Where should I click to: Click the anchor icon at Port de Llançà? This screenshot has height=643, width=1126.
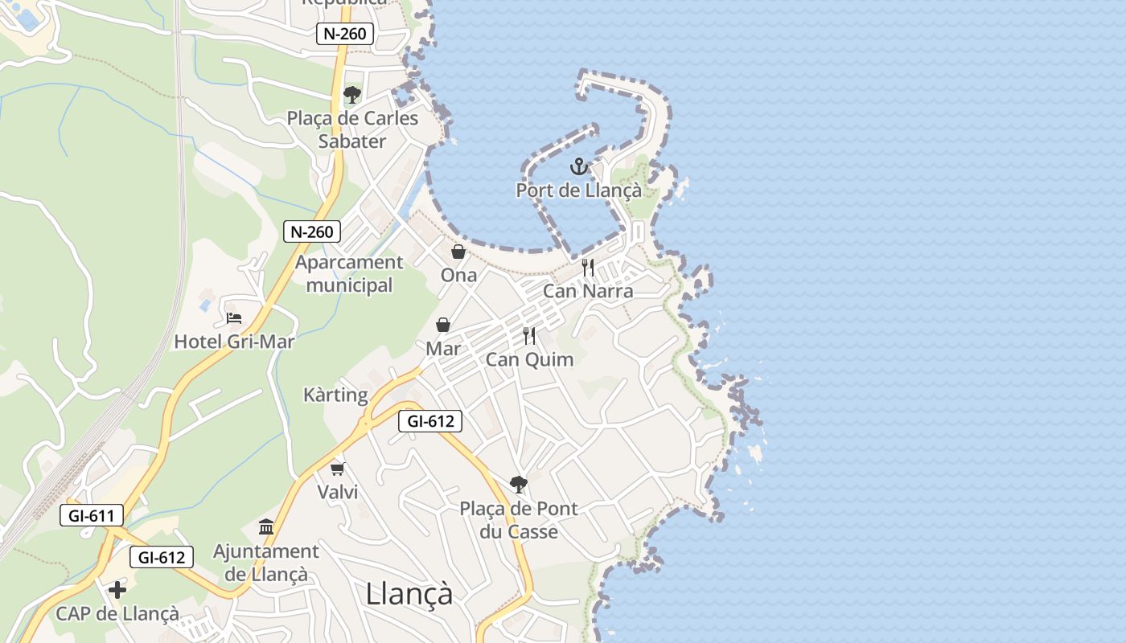[x=578, y=167]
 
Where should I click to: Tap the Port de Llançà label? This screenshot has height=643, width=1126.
[x=578, y=190]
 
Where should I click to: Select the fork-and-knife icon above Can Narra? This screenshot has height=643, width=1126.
[x=588, y=268]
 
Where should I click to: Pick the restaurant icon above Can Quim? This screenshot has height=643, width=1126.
[x=529, y=336]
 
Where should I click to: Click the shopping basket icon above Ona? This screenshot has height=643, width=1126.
[x=458, y=252]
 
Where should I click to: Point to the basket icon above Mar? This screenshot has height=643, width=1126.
[x=443, y=325]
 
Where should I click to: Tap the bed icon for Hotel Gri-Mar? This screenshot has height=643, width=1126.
[x=234, y=318]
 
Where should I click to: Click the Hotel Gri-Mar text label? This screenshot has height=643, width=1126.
[x=234, y=342]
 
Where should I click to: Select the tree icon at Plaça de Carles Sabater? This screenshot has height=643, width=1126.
[x=351, y=95]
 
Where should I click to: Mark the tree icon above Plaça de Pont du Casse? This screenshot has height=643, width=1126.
[x=519, y=484]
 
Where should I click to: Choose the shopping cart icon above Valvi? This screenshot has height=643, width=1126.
[x=338, y=469]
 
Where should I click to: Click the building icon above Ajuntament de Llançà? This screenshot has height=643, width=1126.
[x=266, y=527]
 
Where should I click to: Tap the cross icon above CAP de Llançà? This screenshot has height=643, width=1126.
[x=117, y=590]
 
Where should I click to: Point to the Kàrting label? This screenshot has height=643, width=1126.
[x=335, y=395]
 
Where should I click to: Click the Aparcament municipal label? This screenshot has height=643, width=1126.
[x=349, y=273]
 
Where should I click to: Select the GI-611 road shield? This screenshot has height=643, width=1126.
[x=92, y=515]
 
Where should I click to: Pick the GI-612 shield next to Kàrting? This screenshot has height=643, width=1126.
[x=430, y=420]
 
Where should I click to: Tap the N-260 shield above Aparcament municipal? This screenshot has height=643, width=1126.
[x=312, y=232]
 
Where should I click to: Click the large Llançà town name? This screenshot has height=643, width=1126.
[x=409, y=594]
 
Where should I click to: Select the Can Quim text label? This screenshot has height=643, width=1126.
[x=529, y=359]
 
